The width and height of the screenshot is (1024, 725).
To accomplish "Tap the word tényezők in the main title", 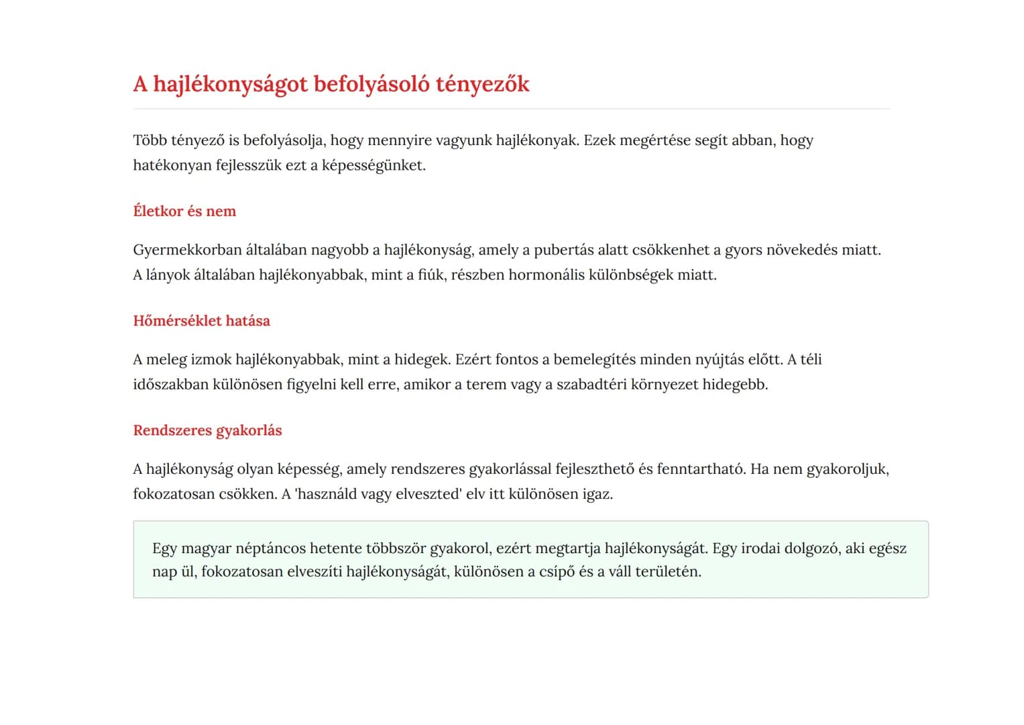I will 482,85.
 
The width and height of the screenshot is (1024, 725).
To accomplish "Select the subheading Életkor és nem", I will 184,211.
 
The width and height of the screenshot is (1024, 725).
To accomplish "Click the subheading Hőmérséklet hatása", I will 201,321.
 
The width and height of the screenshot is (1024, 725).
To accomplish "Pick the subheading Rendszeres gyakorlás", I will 207,430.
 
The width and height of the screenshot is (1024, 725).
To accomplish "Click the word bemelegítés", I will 594,360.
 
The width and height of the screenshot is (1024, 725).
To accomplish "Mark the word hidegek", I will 422,360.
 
